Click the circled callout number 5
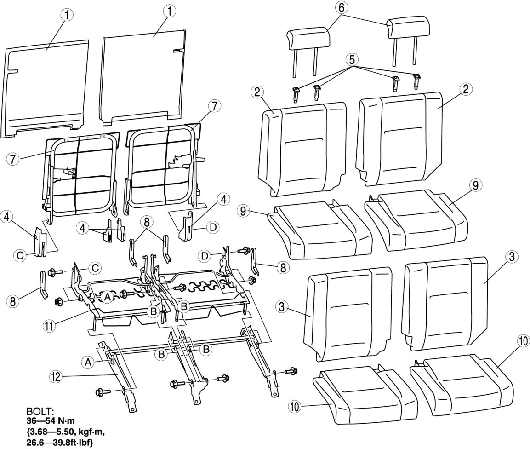(x=353, y=60)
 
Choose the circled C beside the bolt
(x=95, y=267)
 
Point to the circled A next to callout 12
(x=87, y=362)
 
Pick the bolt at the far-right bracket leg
(x=292, y=371)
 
